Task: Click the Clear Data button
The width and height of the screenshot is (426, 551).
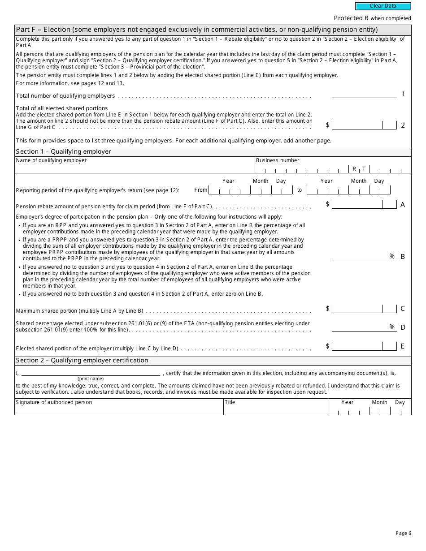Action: [383, 6]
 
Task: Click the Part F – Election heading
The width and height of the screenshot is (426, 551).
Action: [196, 30]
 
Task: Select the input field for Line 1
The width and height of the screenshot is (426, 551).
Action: [364, 94]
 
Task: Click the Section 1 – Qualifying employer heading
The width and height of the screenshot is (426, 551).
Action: [63, 152]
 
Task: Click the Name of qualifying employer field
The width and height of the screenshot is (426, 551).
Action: [135, 167]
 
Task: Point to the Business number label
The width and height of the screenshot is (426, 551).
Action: [278, 160]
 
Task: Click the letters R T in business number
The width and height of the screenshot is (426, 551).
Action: [359, 169]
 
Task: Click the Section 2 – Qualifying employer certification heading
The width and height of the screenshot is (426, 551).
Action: [82, 361]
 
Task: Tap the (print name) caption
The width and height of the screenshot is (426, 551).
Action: [91, 379]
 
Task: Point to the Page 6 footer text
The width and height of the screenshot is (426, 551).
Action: [403, 533]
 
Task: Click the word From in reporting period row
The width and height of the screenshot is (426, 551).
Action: [201, 190]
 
